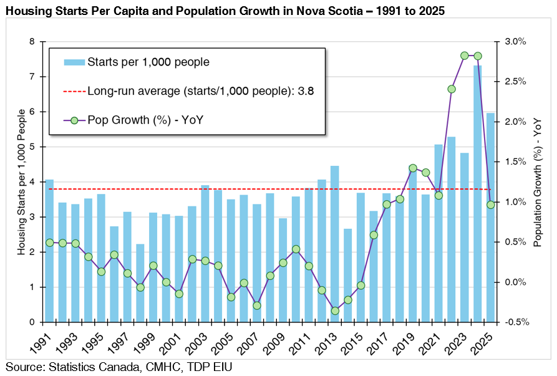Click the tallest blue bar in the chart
477,193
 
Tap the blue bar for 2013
334,244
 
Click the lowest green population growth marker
335,311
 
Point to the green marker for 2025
490,205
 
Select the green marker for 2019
412,168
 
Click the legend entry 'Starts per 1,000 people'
148,62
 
